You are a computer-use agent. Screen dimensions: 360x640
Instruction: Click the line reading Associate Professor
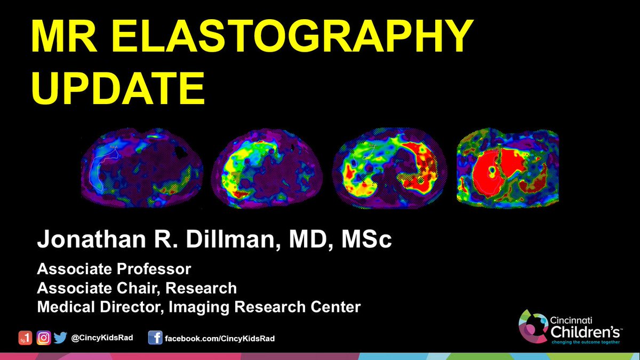[x=114, y=268]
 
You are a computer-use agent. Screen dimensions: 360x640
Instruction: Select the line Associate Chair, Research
[x=137, y=288]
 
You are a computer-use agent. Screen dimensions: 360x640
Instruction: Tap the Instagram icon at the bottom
[x=44, y=338]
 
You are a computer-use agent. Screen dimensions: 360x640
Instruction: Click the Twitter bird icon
[x=60, y=338]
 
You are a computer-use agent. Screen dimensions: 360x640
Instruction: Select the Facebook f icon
[x=155, y=338]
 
